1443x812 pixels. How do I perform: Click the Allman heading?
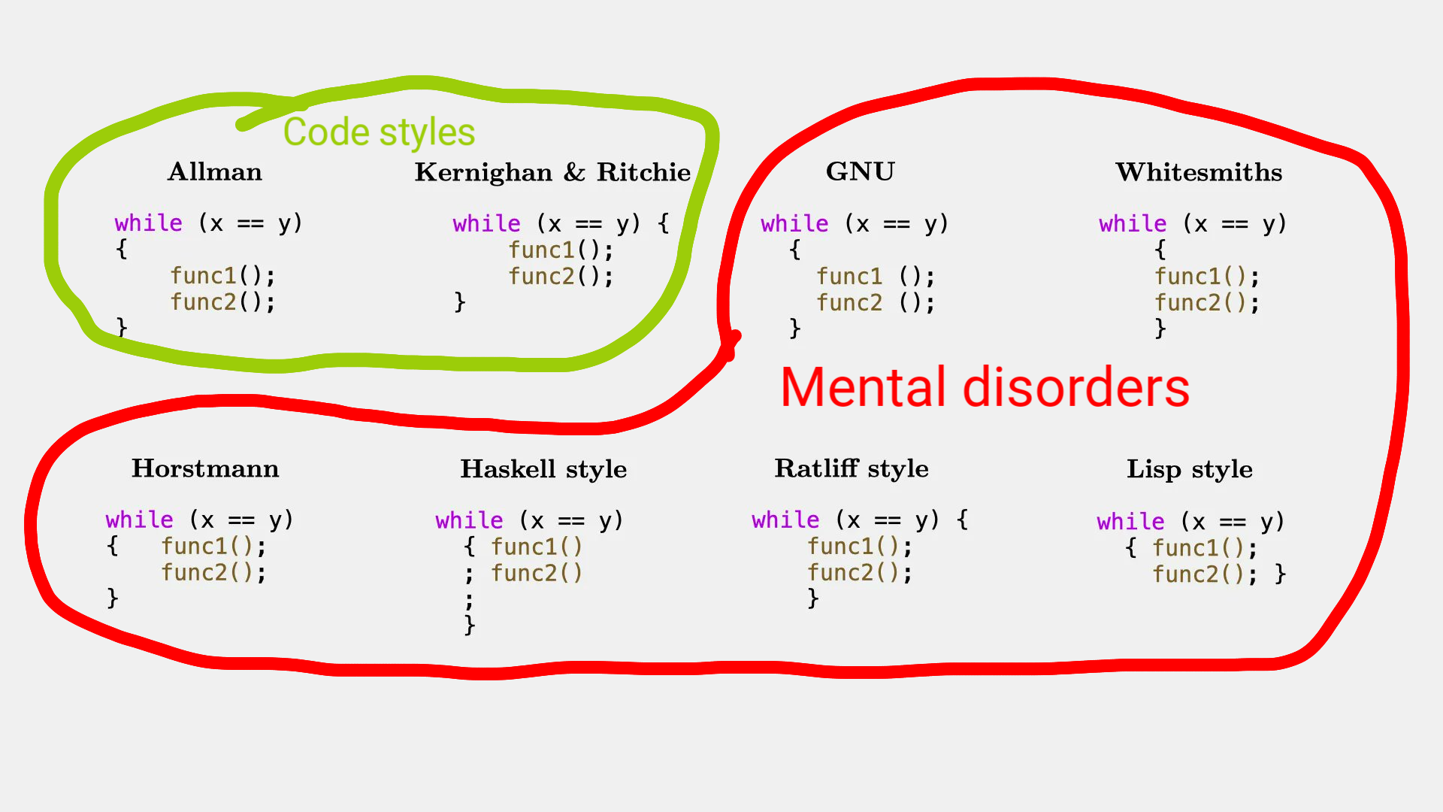215,172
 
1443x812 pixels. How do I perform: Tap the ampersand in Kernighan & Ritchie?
574,172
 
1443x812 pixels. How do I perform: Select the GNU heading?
861,172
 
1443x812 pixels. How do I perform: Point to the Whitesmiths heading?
1199,172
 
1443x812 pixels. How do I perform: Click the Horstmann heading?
205,468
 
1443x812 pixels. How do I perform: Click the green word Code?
327,132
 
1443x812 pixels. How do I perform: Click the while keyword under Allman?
148,223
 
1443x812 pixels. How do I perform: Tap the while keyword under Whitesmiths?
1133,224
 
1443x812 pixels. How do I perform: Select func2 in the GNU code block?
849,303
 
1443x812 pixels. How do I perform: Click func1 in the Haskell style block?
523,547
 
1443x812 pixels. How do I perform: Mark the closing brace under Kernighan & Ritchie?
460,302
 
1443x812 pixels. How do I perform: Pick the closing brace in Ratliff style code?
812,598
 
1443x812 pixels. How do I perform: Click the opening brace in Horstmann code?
113,546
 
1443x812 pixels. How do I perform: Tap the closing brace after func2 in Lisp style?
1281,574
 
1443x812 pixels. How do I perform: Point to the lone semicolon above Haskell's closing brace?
469,600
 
